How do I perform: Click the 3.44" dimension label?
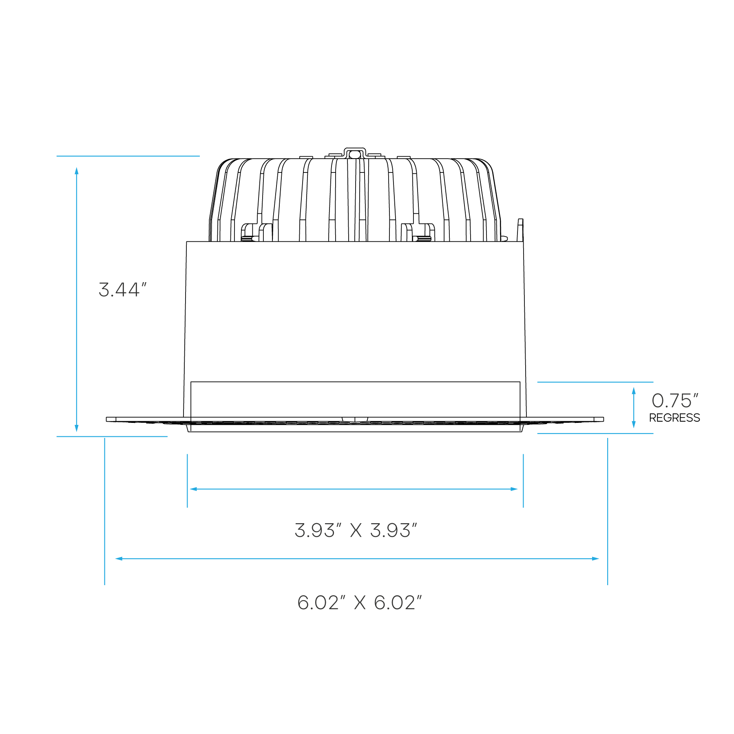pyautogui.click(x=122, y=290)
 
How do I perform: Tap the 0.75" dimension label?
pyautogui.click(x=675, y=401)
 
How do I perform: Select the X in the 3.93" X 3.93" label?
pyautogui.click(x=356, y=531)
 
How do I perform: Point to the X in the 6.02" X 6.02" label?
pyautogui.click(x=359, y=603)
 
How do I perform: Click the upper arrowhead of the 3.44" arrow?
pyautogui.click(x=77, y=170)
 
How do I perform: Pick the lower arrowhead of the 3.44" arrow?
pyautogui.click(x=77, y=428)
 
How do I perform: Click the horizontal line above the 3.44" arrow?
pyautogui.click(x=128, y=156)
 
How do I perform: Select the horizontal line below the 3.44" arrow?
pyautogui.click(x=112, y=437)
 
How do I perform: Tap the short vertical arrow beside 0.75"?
pyautogui.click(x=633, y=408)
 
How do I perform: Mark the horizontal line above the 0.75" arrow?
pyautogui.click(x=595, y=382)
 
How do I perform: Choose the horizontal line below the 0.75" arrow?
pyautogui.click(x=595, y=434)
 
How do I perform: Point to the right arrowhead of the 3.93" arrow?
pyautogui.click(x=515, y=489)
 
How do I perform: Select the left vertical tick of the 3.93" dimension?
pyautogui.click(x=187, y=481)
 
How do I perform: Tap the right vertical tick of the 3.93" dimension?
pyautogui.click(x=523, y=481)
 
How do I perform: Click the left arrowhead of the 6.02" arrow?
pyautogui.click(x=119, y=559)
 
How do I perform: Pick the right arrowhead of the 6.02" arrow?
pyautogui.click(x=596, y=559)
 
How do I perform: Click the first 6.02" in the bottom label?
pyautogui.click(x=318, y=603)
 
